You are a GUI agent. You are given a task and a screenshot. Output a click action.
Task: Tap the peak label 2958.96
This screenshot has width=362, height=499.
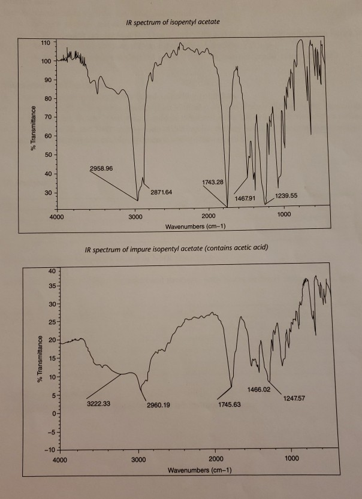[101, 168]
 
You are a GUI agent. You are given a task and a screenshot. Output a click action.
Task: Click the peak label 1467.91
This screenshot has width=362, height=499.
[245, 198]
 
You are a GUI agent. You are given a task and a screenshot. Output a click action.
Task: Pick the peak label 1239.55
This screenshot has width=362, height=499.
[290, 195]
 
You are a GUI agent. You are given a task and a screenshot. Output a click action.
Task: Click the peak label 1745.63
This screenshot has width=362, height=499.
[228, 405]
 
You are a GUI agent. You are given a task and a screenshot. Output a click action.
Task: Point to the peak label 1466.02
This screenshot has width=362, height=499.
[259, 389]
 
